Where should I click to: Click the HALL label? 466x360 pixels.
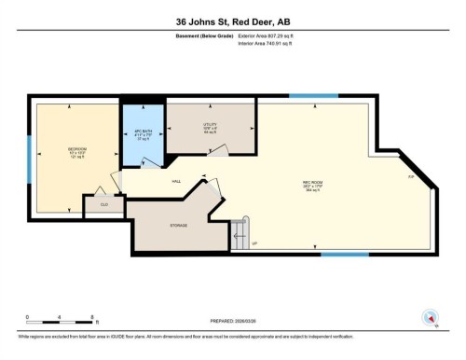(x=175, y=182)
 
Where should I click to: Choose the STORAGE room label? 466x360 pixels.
(x=178, y=225)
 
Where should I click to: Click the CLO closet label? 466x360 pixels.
(x=104, y=203)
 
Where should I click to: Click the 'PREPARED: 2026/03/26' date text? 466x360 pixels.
(x=232, y=322)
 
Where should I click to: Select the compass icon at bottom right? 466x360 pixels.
(x=430, y=316)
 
